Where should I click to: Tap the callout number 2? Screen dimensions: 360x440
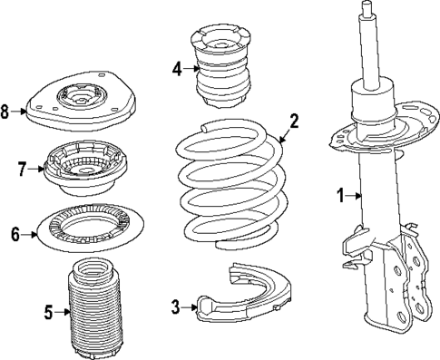coord(294,120)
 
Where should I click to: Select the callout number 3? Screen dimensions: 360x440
coord(176,306)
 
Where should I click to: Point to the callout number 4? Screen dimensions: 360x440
coord(178,67)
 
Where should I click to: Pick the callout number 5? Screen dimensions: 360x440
coord(49,312)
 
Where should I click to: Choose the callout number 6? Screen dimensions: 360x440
coord(15,234)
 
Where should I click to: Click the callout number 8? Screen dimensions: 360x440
coord(6,112)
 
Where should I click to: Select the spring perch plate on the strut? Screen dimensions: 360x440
coord(372,135)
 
